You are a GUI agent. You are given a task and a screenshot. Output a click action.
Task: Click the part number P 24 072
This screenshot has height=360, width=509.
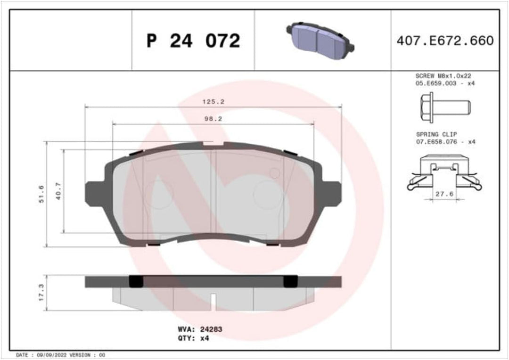[193, 41]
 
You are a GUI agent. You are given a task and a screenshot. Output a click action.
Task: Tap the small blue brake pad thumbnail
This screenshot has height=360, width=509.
[320, 37]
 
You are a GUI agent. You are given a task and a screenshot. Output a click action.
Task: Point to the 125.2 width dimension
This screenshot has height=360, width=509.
[213, 101]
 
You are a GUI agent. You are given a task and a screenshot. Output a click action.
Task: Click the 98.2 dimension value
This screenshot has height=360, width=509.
[213, 119]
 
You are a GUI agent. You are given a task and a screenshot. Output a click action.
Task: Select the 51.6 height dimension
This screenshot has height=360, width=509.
[41, 194]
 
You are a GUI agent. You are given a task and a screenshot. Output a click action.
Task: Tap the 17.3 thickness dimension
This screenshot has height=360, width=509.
[41, 293]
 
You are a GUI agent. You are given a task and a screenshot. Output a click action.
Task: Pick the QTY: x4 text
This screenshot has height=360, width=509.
[194, 338]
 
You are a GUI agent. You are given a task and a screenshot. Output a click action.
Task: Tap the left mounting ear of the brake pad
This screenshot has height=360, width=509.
[94, 193]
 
